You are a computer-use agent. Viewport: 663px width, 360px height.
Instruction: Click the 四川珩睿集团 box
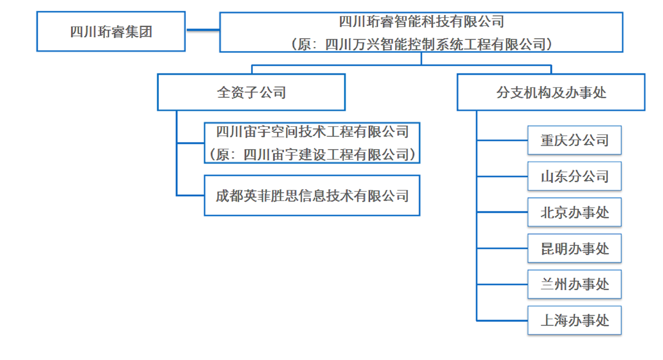[x=110, y=32]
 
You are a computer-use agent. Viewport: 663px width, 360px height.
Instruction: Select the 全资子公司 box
[x=251, y=92]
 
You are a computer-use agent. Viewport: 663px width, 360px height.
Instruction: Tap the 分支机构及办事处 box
[x=551, y=92]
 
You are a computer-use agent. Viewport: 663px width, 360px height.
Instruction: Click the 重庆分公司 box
[x=574, y=140]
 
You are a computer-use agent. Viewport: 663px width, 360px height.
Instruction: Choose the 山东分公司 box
[x=574, y=176]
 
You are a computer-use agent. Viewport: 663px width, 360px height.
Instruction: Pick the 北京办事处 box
[x=574, y=212]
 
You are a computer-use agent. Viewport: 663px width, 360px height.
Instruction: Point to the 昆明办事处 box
[x=574, y=248]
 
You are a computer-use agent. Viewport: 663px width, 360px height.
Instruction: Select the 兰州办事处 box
[x=574, y=284]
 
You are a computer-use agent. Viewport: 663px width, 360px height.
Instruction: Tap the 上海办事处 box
[x=574, y=321]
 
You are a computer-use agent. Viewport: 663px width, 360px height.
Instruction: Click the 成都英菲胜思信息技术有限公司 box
[x=312, y=196]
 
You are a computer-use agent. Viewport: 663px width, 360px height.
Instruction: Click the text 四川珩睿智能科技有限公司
[x=421, y=22]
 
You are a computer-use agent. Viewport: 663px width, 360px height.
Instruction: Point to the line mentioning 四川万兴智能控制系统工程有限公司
[x=421, y=44]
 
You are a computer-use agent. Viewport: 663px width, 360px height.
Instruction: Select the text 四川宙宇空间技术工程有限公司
[x=312, y=132]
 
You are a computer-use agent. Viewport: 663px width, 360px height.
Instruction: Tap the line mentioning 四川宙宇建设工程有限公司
[x=312, y=154]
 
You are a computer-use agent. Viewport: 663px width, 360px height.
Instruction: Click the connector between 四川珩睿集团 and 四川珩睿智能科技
[x=203, y=30]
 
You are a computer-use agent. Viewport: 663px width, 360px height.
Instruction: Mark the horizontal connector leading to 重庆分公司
[x=502, y=140]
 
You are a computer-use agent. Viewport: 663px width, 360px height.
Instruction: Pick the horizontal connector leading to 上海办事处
[x=502, y=321]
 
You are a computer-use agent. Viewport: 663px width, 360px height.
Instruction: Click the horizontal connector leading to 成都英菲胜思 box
[x=190, y=195]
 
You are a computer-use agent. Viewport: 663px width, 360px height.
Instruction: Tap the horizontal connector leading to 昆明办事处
[x=502, y=248]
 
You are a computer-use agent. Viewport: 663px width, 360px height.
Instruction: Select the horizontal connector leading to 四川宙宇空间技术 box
[x=190, y=143]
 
